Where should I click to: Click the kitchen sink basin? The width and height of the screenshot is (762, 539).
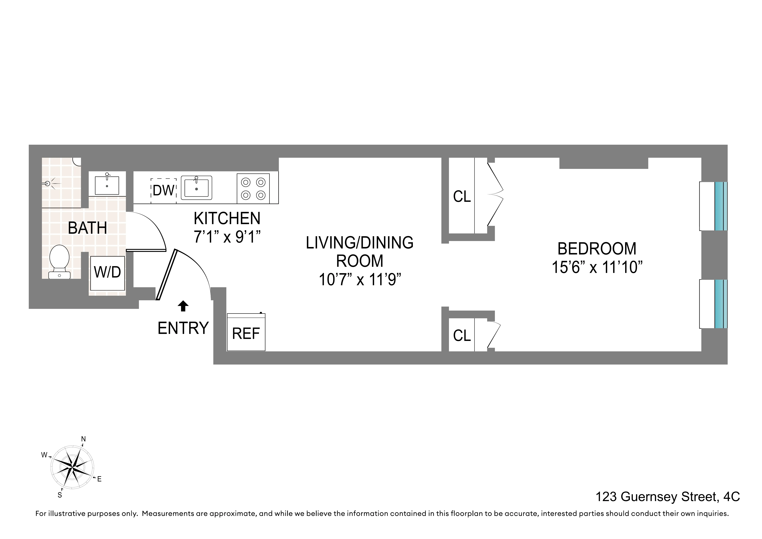tap(196, 188)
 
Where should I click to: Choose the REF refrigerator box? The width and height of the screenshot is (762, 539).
tap(246, 333)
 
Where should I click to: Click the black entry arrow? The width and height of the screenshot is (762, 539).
tap(183, 306)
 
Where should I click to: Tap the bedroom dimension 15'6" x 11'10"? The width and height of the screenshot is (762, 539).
tap(597, 267)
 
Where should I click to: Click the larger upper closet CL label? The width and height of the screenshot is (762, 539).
tap(462, 197)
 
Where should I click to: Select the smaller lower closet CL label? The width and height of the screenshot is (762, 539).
tap(462, 335)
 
